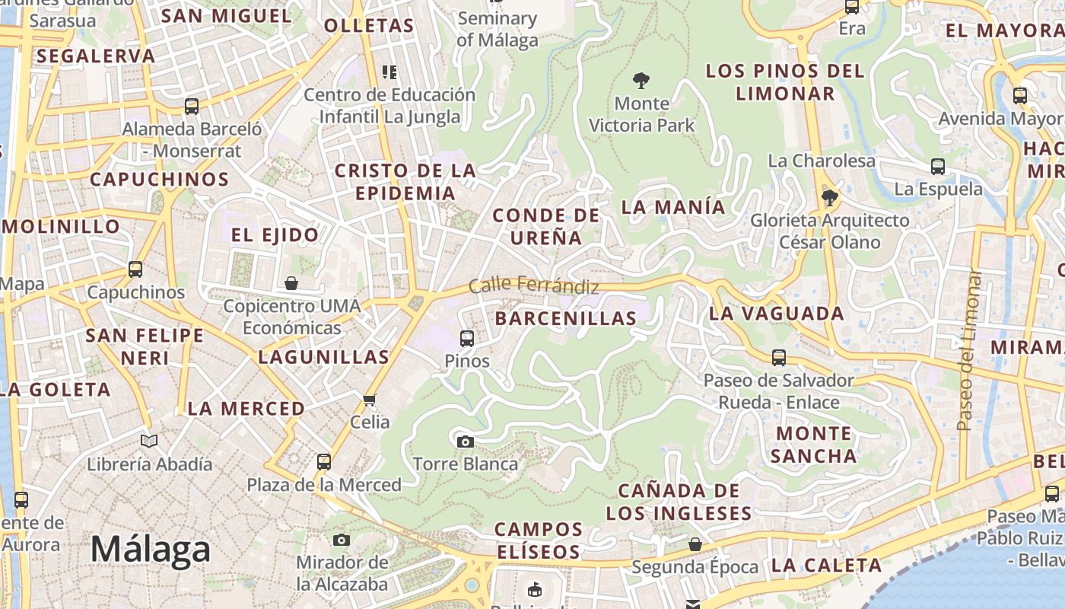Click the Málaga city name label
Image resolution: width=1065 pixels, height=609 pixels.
click(150, 549)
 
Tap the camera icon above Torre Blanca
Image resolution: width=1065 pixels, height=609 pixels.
click(465, 442)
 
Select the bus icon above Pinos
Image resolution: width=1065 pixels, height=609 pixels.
click(467, 338)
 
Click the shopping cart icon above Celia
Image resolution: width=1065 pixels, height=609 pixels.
click(370, 400)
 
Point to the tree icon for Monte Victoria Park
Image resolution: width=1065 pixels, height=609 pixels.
click(641, 80)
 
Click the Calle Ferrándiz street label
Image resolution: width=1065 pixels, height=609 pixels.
click(533, 285)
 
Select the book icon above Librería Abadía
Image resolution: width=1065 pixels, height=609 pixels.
click(150, 441)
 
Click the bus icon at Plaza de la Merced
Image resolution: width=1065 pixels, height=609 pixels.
click(324, 461)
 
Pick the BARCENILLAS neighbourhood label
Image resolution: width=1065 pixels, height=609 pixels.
click(565, 318)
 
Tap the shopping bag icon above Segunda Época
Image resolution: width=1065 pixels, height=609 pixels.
click(695, 544)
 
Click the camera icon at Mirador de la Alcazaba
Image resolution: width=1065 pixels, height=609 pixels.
click(342, 540)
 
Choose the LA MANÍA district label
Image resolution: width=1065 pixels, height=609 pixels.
click(673, 206)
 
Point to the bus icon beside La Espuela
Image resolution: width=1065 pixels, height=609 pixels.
click(938, 167)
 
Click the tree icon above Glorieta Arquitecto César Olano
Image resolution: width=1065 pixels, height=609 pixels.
click(829, 198)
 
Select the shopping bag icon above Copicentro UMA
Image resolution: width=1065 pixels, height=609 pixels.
click(291, 284)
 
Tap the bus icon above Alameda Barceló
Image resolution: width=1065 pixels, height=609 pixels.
click(192, 106)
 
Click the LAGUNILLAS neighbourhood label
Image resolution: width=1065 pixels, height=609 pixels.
click(323, 356)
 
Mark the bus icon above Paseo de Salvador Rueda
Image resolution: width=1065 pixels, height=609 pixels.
click(778, 357)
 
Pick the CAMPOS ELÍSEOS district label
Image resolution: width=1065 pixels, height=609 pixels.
click(539, 540)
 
